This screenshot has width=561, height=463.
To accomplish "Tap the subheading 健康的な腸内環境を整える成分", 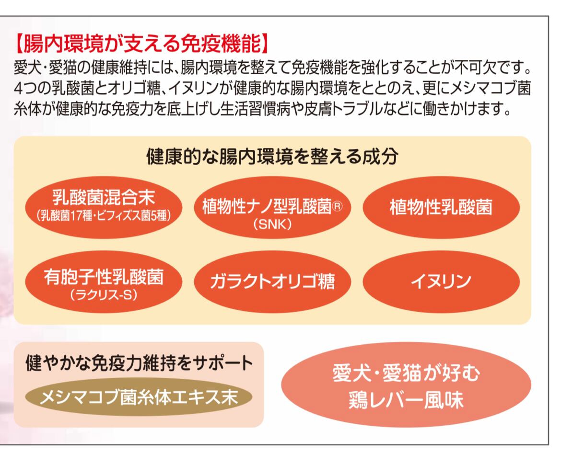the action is coord(272,157).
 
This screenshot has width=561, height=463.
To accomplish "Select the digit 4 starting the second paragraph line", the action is coord(18,90).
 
